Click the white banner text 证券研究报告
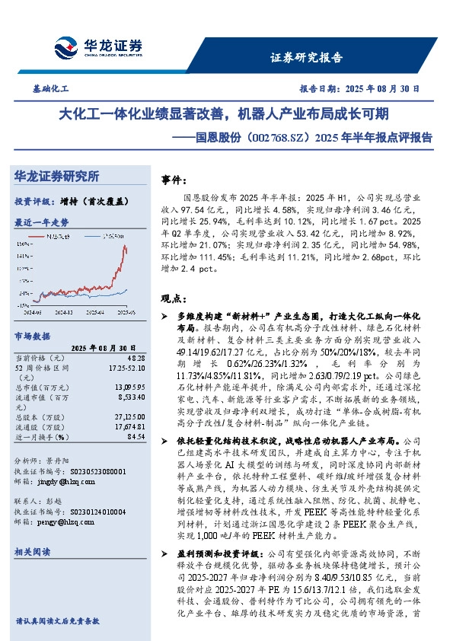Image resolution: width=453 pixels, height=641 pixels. point(306,59)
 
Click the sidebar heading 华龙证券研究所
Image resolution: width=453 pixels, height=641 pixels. point(57,177)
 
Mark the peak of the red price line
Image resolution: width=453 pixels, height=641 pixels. point(124,246)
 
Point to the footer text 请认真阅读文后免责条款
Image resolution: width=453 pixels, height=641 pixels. point(59,621)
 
